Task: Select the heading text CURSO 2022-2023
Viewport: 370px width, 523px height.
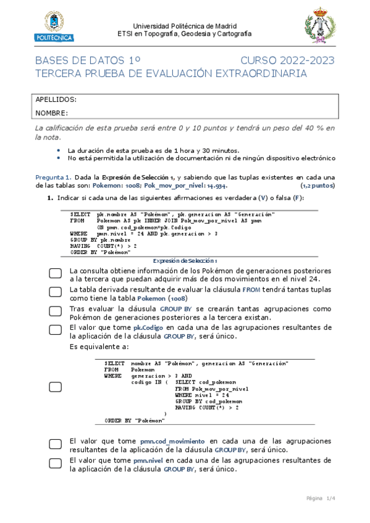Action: click(x=287, y=60)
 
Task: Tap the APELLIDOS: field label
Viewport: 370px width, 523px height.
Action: click(x=56, y=99)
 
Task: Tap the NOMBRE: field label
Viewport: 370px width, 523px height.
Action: click(x=52, y=113)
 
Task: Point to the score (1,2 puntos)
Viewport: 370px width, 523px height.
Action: click(x=317, y=185)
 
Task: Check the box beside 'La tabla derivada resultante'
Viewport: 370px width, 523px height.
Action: click(x=55, y=294)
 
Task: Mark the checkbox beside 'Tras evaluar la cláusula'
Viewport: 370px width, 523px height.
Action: click(x=55, y=313)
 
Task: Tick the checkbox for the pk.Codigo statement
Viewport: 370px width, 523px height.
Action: click(x=55, y=332)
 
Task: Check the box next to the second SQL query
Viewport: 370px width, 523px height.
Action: click(x=55, y=387)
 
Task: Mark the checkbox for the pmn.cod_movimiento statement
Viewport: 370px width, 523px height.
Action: click(x=55, y=444)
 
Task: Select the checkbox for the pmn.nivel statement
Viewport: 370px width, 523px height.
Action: click(x=55, y=464)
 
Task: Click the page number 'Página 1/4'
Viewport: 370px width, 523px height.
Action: click(x=320, y=498)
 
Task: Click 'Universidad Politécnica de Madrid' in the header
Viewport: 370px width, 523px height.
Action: click(x=185, y=27)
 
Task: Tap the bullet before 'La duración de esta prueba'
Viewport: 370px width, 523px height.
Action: click(x=58, y=150)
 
